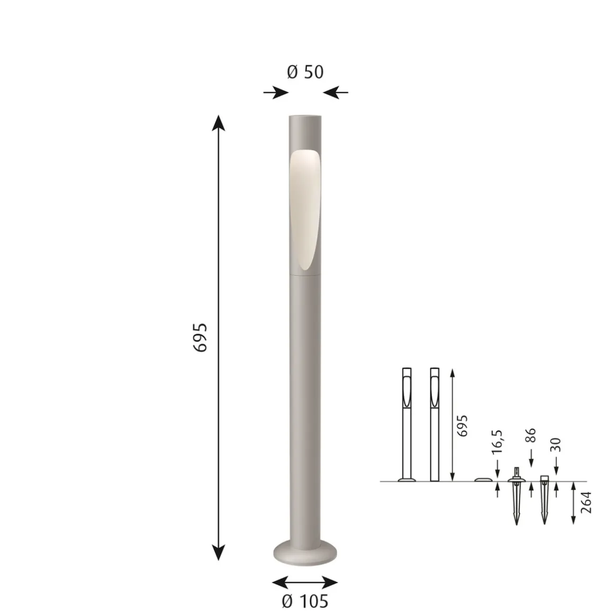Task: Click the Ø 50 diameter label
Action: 305,72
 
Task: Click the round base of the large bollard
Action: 305,553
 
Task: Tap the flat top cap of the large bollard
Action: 305,116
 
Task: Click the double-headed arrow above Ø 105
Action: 305,582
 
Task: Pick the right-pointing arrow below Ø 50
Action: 276,93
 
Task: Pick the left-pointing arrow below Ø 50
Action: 336,93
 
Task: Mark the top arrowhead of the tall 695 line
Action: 218,122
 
